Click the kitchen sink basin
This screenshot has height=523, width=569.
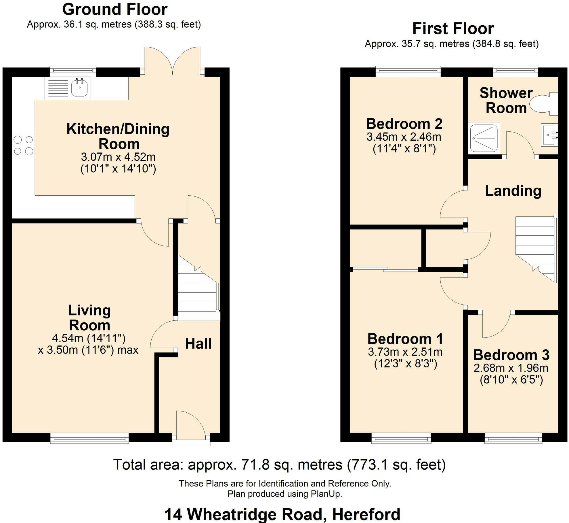[79, 88]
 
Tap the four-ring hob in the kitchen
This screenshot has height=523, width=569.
[23, 146]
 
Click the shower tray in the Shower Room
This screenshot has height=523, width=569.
[484, 138]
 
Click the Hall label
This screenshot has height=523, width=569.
[198, 343]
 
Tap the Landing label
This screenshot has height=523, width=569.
[513, 191]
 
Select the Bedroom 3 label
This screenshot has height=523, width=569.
[511, 355]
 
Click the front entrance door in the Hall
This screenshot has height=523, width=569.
[191, 426]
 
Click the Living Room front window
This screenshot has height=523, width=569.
[89, 439]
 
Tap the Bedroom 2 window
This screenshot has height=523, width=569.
[408, 71]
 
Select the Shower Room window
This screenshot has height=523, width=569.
[515, 71]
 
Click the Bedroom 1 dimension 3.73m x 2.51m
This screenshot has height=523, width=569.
[405, 352]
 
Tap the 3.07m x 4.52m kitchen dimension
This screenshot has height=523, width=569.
[118, 157]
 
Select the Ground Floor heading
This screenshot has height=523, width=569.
[114, 10]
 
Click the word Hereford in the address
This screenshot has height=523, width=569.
[366, 514]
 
